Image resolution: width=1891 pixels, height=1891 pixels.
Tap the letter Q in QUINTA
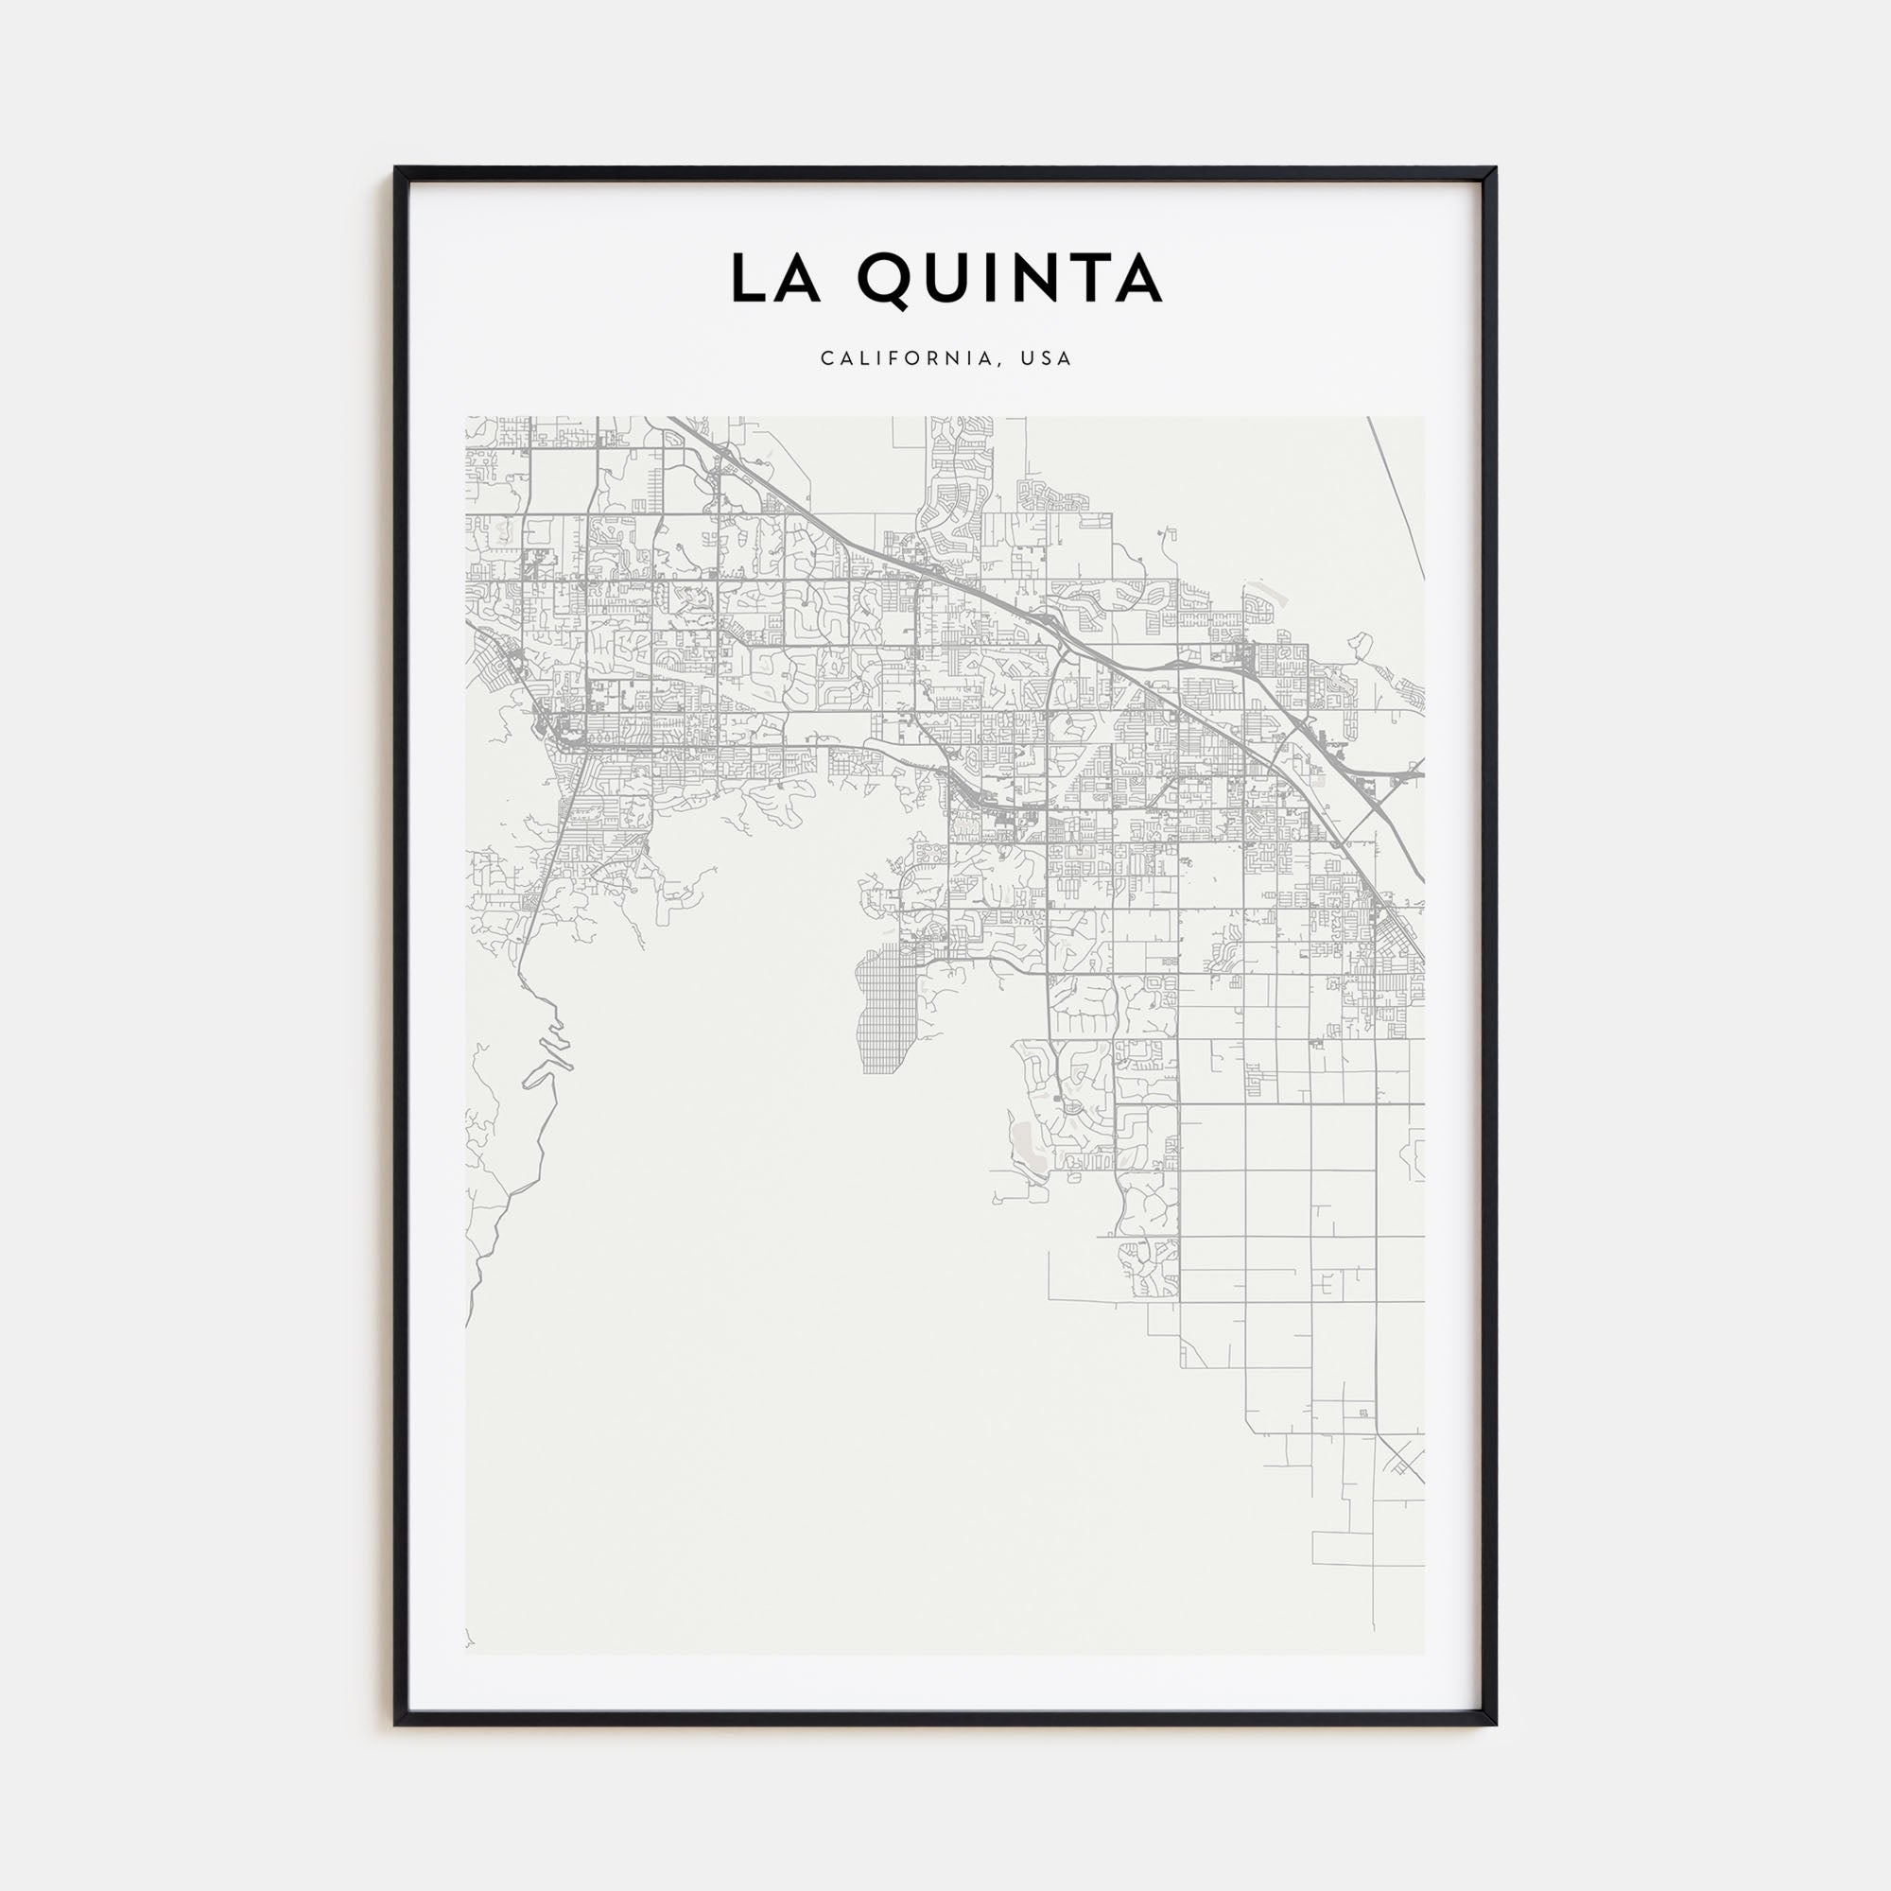click(x=886, y=279)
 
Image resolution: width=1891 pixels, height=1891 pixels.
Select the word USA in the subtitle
click(x=1047, y=358)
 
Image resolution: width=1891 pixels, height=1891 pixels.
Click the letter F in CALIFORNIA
click(x=893, y=358)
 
